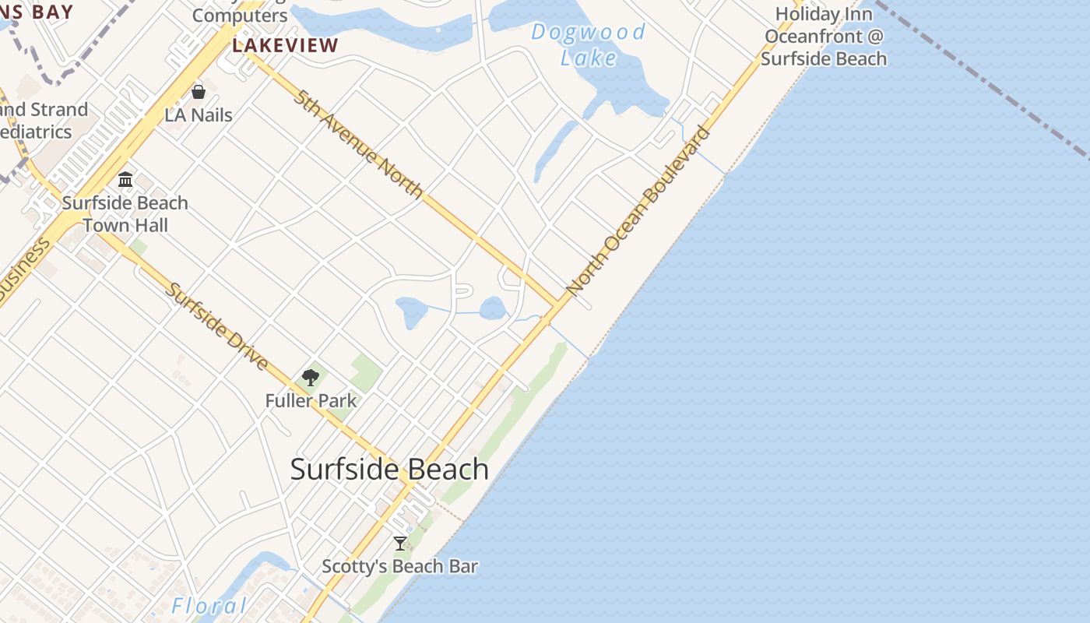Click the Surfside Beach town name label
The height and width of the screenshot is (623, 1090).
pos(389,470)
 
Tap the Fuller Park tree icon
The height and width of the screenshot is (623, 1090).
pos(311,378)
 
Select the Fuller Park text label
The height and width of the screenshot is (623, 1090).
pos(311,401)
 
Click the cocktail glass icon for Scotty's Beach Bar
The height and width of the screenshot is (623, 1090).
pos(400,543)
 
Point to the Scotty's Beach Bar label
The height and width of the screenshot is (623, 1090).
pos(400,566)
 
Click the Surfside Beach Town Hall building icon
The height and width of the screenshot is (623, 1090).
pos(125,180)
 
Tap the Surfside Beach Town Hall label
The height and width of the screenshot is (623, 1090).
pos(125,214)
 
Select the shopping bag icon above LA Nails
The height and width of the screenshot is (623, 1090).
pos(199,92)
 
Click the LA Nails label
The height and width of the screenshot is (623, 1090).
pos(199,115)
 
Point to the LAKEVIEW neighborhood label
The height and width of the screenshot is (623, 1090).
pos(285,45)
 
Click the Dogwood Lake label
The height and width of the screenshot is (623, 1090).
pos(589,44)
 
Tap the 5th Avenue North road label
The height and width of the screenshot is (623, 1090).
pos(359,144)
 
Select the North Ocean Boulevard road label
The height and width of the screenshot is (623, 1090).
pos(638,210)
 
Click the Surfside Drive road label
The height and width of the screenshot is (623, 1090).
pos(217,326)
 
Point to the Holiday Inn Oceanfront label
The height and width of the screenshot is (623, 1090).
pos(824,36)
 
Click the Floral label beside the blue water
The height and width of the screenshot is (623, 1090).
pos(209,606)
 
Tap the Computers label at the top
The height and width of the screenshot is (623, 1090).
pos(240,16)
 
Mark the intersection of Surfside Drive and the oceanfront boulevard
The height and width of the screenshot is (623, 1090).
pos(409,484)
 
